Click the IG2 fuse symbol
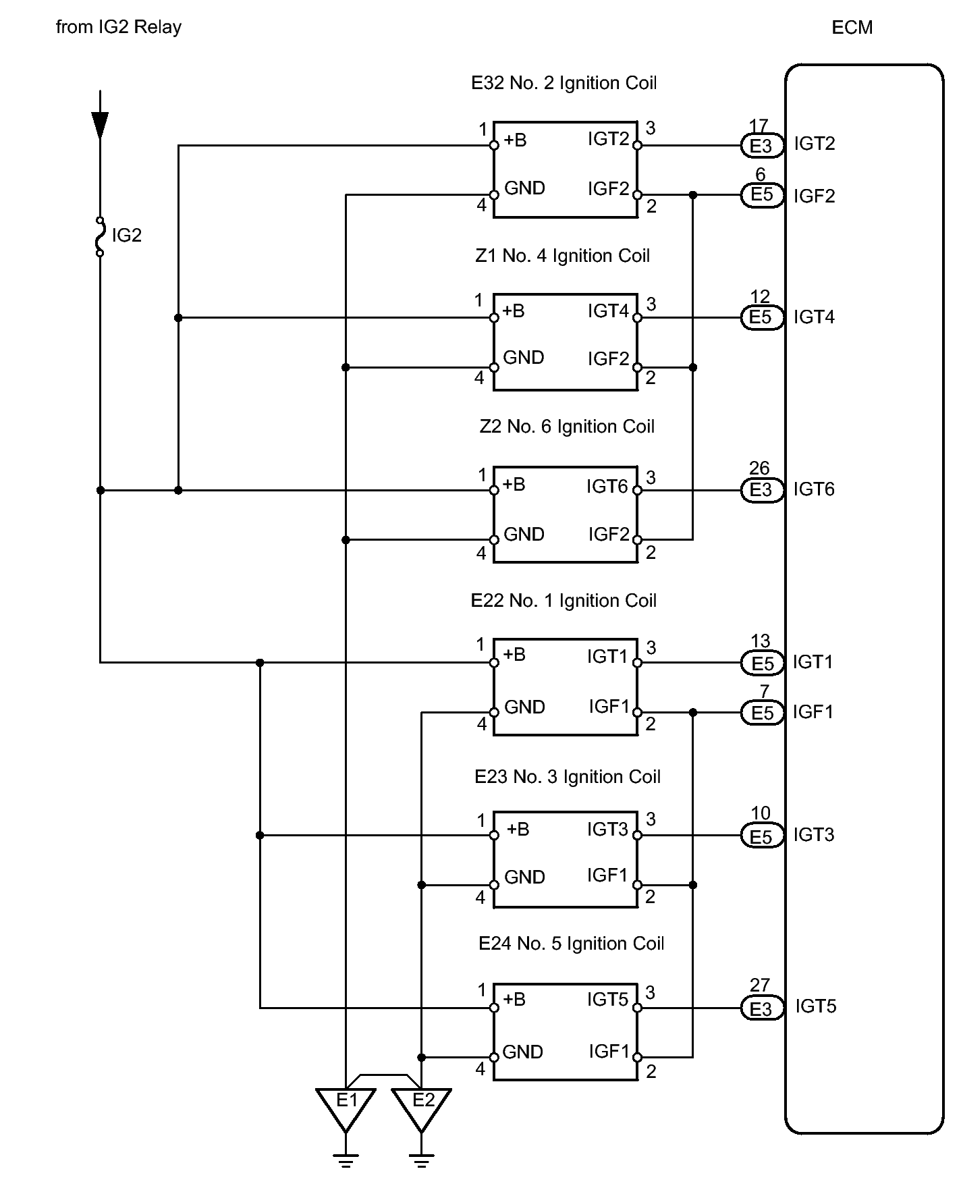100,236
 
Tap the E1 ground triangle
346,1109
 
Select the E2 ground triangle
422,1109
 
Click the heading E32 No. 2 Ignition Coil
564,83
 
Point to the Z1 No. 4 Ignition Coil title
562,256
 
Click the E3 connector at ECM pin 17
762,146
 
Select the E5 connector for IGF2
762,195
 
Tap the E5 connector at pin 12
762,317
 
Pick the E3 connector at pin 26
762,490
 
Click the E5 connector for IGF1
762,713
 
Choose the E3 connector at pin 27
762,1008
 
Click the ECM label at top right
852,28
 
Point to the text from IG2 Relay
119,28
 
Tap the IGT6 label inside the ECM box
814,489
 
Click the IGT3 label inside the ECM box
814,835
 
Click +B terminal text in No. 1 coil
514,655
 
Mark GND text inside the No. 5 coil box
523,1052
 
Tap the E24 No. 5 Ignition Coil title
571,944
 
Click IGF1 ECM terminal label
813,712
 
